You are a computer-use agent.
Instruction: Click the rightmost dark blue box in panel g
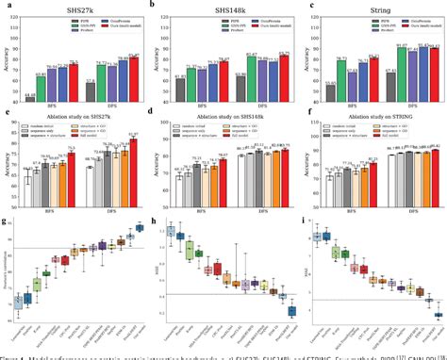coord(140,230)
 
